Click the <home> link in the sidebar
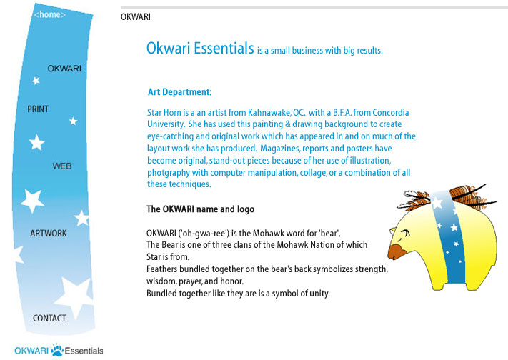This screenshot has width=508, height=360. [x=50, y=14]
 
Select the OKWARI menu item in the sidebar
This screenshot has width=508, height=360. [x=64, y=69]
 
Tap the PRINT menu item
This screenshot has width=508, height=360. [x=38, y=109]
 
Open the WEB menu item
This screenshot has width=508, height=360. [x=62, y=166]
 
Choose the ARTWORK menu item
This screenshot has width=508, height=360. [x=49, y=234]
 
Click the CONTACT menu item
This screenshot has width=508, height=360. [x=49, y=318]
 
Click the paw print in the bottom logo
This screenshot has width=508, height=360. [x=56, y=350]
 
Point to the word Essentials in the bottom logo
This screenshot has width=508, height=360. [x=84, y=351]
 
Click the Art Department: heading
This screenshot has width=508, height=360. [x=179, y=92]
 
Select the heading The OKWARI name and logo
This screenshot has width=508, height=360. [x=200, y=209]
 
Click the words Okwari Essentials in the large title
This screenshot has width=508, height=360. [x=200, y=49]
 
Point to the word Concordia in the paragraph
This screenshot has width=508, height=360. [x=390, y=113]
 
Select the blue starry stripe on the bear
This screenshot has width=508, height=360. [x=451, y=243]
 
